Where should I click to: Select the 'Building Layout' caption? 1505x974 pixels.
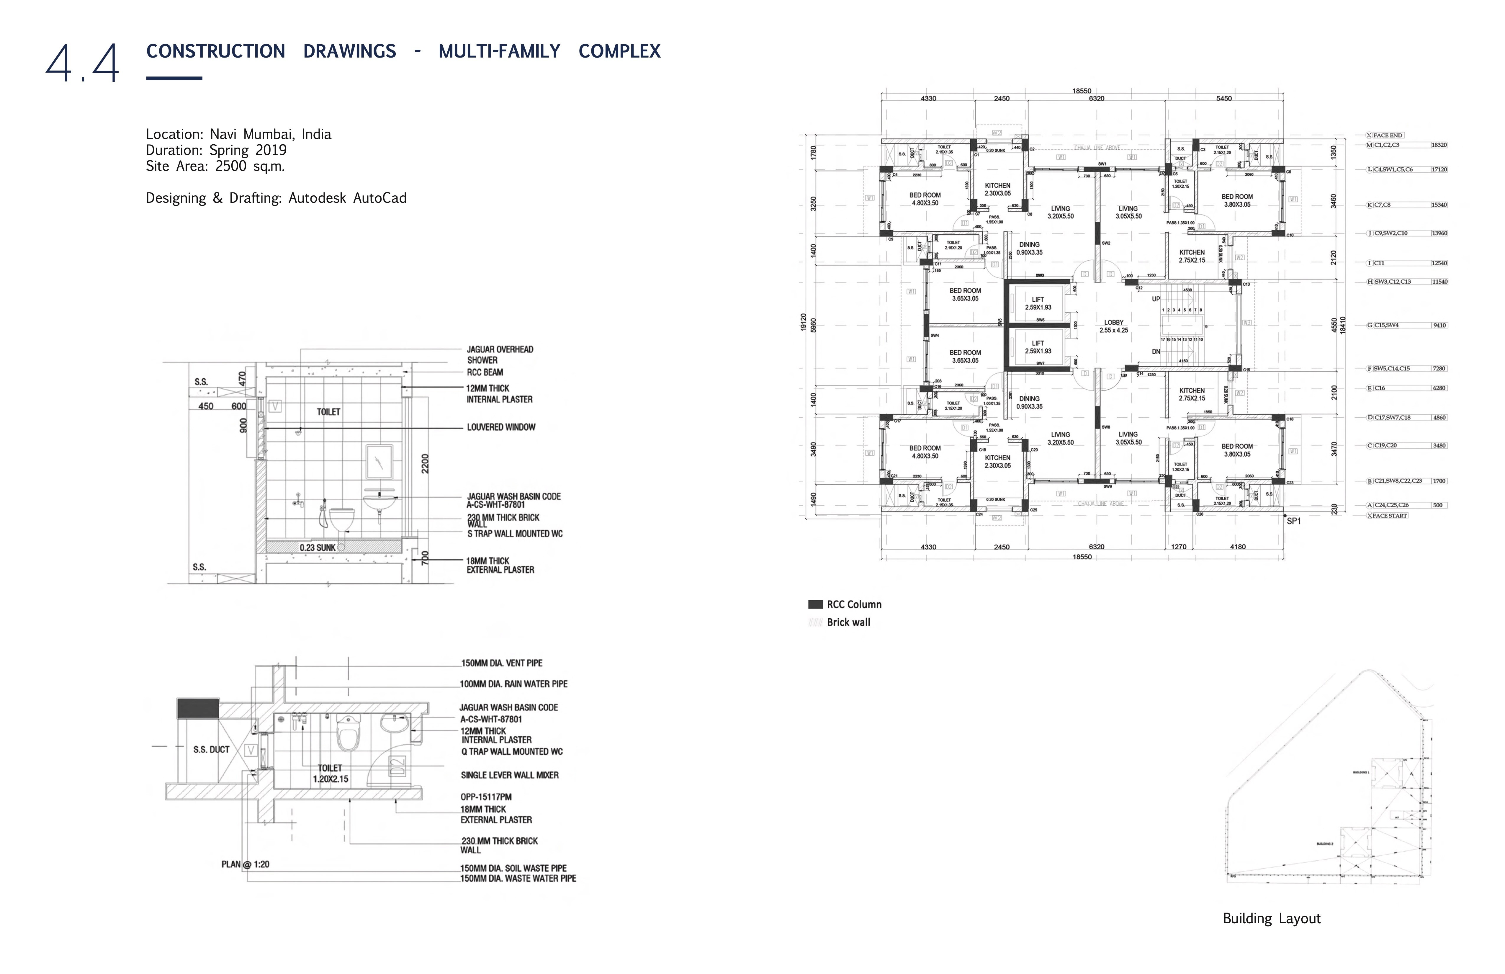point(1271,918)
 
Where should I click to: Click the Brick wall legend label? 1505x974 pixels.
point(848,622)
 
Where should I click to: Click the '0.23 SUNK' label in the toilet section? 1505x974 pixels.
point(318,548)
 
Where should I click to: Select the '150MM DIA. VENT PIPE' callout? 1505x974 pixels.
point(501,664)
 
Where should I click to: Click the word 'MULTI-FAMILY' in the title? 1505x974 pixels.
point(499,51)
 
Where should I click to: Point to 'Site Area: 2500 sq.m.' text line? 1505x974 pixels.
point(215,166)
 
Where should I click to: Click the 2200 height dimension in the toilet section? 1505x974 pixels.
point(425,464)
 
